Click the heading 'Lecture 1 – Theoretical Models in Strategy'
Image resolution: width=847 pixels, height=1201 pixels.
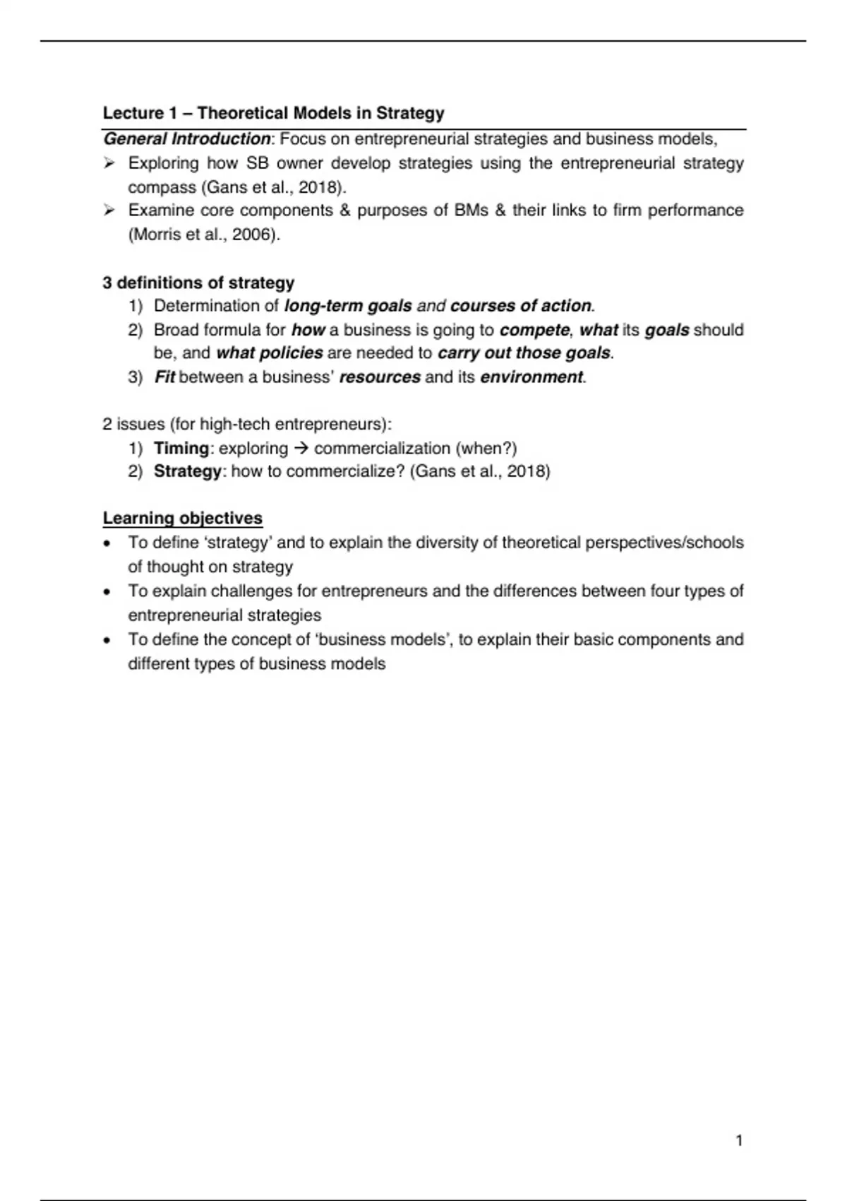274,113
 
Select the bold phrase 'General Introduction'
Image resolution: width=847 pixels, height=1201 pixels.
187,138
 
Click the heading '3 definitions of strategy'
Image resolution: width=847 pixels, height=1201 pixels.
198,283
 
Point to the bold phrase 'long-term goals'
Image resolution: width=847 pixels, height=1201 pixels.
348,306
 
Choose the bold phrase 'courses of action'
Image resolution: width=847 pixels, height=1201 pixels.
521,306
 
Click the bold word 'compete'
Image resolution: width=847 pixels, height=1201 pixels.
534,330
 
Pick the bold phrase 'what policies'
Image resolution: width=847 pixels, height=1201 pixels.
270,353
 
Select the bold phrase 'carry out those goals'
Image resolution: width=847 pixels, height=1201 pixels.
524,353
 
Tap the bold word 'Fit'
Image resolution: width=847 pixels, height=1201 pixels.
164,377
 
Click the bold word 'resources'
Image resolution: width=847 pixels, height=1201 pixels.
380,377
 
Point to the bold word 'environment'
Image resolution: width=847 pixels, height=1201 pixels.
531,377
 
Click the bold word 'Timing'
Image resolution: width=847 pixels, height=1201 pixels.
181,449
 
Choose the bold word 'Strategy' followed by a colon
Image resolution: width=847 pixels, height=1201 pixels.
187,471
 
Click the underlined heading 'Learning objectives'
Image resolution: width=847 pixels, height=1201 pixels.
183,519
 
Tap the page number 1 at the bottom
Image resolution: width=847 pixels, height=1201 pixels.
739,1141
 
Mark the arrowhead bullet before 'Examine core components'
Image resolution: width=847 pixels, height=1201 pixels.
109,210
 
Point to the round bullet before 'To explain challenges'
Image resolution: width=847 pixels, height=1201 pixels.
107,592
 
